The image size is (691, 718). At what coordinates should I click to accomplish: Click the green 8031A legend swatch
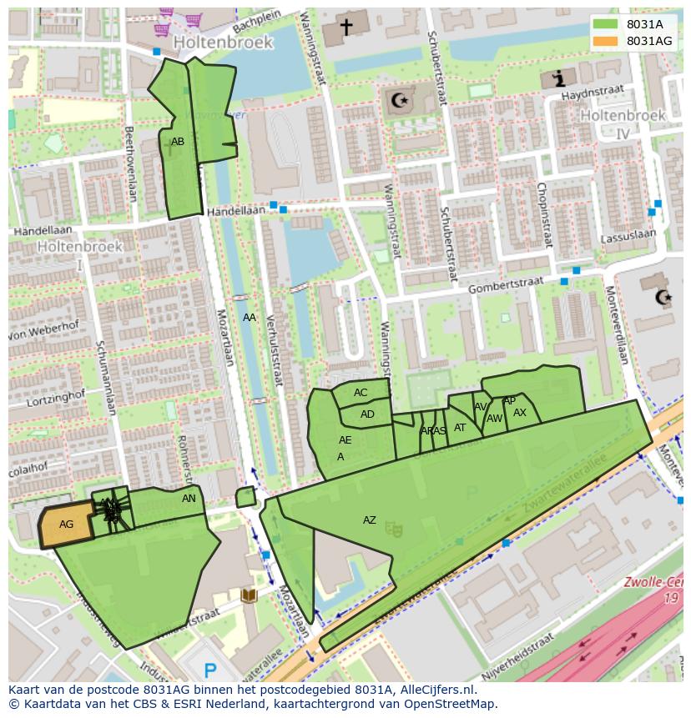pos(606,24)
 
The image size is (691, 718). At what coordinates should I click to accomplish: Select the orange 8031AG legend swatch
pos(606,40)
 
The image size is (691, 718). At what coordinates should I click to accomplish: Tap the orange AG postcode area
pos(66,525)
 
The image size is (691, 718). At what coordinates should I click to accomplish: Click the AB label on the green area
pos(178,142)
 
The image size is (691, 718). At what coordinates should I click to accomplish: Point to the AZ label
pos(369,520)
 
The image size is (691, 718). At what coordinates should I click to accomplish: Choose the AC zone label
pos(361,393)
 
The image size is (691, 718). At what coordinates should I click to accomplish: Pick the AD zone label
pos(367,414)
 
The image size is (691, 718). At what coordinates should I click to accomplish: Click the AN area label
pos(189,499)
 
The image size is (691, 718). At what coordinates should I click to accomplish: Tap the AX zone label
pos(520,413)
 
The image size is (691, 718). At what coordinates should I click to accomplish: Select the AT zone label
pos(460,428)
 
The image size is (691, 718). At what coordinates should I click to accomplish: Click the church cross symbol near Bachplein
pos(345,27)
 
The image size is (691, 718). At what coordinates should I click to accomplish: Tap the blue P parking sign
pos(210,669)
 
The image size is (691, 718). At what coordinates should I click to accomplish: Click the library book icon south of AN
pos(249,595)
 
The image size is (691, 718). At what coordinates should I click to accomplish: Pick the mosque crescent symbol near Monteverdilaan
pos(663,298)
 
